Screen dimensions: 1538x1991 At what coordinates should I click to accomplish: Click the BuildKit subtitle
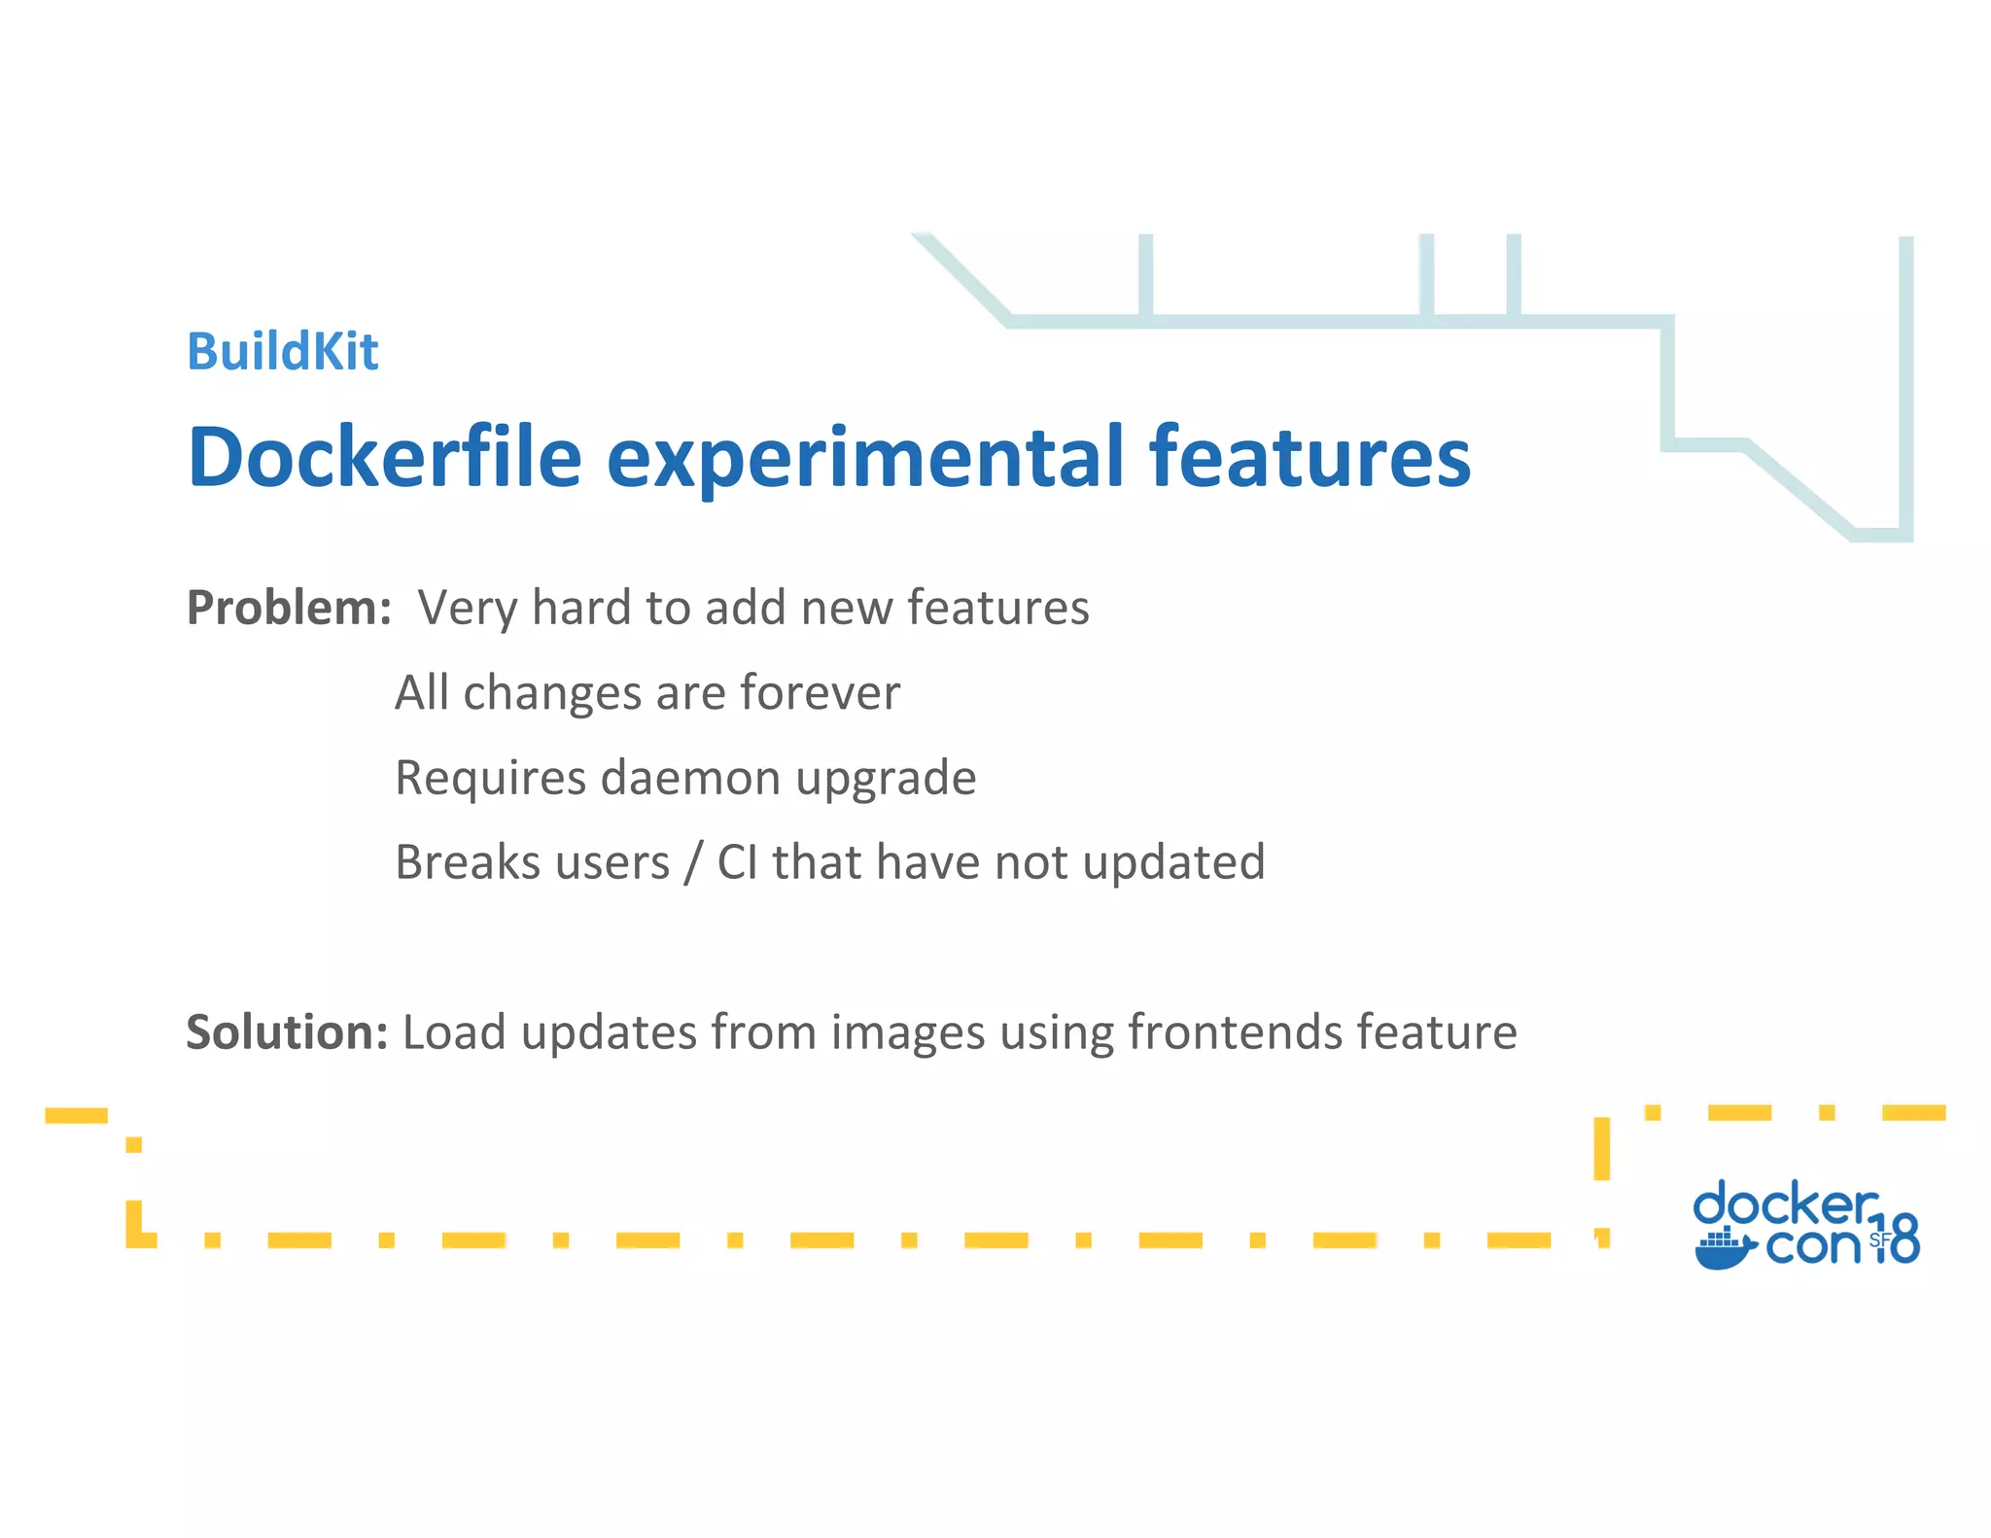(282, 351)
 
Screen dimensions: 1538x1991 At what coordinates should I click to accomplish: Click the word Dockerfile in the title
(384, 457)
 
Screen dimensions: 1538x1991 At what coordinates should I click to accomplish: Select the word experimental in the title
(864, 457)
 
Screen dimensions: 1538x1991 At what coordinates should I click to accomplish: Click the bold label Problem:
(289, 608)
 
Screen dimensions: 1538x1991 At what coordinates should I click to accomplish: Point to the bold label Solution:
(287, 1031)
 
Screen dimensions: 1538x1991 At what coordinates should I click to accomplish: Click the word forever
(820, 693)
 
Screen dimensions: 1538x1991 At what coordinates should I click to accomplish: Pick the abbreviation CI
(737, 862)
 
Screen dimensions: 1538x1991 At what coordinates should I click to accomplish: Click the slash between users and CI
(692, 862)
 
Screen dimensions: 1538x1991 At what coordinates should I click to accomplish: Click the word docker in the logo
(1784, 1204)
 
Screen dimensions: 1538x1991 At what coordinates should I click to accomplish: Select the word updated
(1172, 862)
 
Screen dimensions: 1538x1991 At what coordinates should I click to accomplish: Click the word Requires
(490, 778)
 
